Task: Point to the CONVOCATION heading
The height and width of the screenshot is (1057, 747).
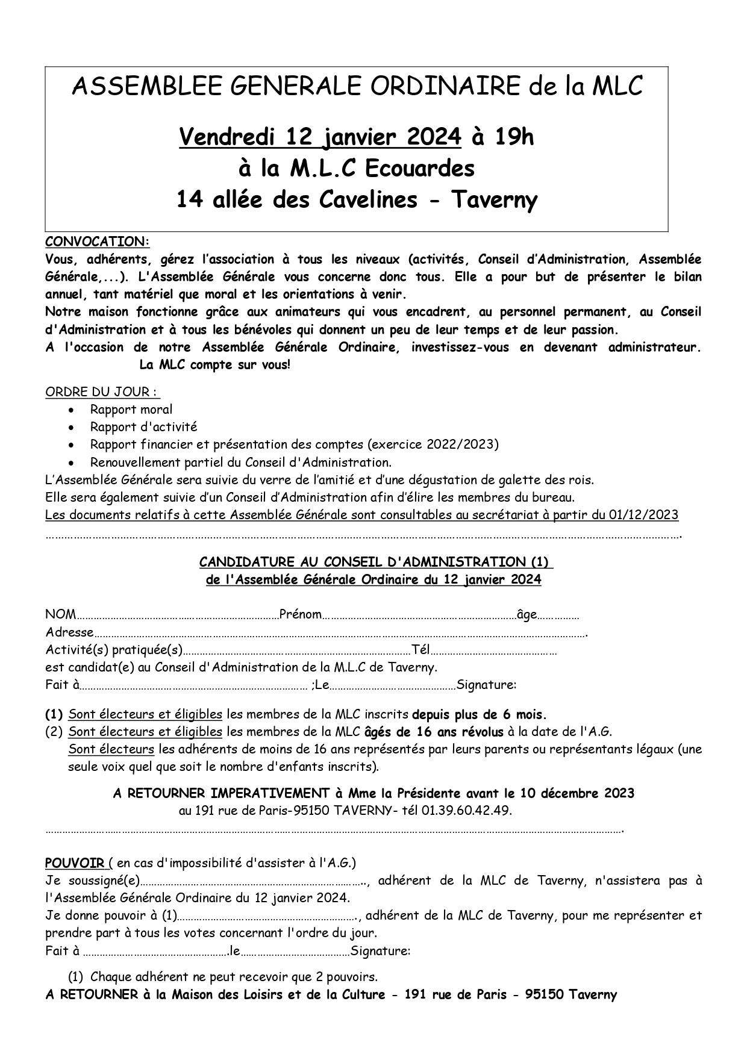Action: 97,242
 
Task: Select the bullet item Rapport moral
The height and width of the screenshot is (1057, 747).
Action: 131,410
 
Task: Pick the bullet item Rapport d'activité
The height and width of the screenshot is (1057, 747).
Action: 143,427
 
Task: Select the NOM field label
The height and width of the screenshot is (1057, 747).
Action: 60,615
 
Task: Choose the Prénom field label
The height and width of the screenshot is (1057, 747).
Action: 300,615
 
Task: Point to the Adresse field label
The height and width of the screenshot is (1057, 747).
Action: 69,632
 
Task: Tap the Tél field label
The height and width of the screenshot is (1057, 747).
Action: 420,650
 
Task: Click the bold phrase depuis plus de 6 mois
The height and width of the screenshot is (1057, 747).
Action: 479,715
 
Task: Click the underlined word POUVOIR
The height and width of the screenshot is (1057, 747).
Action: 75,863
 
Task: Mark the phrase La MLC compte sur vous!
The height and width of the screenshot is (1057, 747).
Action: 214,365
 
